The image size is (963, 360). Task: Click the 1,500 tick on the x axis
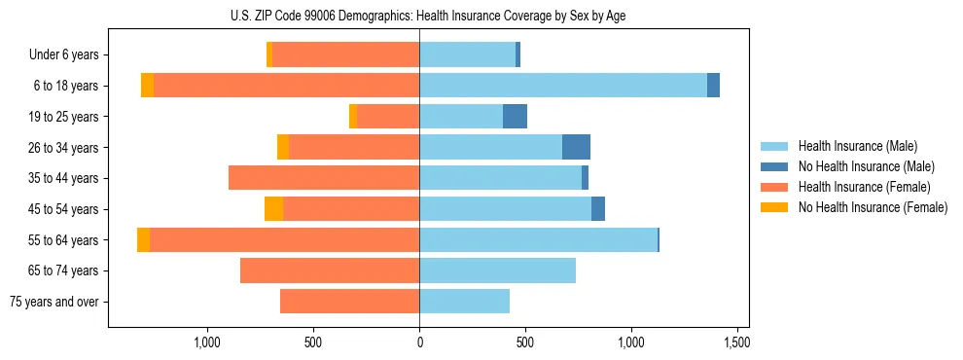(737, 342)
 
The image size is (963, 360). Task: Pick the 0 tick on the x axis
(419, 342)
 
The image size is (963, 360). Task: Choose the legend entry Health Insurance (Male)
(857, 146)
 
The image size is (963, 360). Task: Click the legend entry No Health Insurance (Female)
(873, 207)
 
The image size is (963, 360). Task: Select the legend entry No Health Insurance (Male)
(866, 166)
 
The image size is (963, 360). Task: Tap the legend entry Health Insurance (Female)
(864, 187)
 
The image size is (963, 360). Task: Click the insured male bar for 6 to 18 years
(563, 86)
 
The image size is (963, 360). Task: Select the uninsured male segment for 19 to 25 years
(515, 117)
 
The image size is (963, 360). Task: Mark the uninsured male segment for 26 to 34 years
(576, 147)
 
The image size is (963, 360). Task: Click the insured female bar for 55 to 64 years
(284, 239)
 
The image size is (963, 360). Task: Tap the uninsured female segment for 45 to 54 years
(273, 209)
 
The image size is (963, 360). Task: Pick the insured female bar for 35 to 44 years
(324, 178)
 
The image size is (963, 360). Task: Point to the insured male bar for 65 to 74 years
(497, 270)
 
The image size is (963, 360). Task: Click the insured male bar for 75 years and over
(464, 302)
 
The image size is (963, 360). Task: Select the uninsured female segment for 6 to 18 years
(147, 86)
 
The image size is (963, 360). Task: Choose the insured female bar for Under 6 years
(345, 55)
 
